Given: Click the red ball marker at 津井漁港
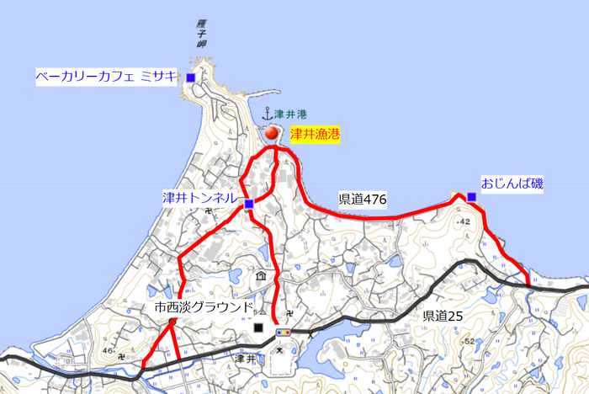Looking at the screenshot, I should point(272,133).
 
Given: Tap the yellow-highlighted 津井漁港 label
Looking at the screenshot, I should point(315,134).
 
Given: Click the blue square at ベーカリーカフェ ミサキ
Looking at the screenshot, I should point(191,78).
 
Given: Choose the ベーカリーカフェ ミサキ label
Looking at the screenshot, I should point(106,77).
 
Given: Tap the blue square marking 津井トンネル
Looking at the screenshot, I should point(249,204).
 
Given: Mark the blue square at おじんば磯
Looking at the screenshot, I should point(471,197).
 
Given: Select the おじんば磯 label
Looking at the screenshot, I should point(512,182).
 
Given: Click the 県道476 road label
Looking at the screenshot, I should point(362,200).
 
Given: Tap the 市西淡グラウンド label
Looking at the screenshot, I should point(204,307).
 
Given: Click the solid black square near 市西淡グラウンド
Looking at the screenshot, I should point(258,327).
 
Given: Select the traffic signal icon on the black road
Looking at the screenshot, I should point(284,333).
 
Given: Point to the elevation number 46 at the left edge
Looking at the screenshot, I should point(108,349).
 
